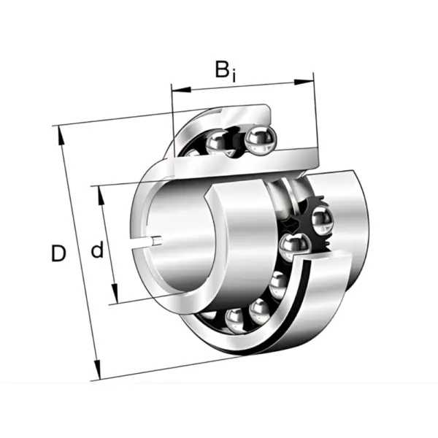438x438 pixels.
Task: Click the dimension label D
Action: coord(58,253)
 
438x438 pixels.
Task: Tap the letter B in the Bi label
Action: coord(222,69)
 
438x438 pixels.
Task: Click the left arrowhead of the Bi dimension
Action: coord(181,90)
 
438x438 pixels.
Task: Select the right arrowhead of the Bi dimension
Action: coord(304,82)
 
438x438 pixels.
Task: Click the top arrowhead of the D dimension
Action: coord(61,136)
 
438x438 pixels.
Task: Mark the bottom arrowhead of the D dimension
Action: coord(96,370)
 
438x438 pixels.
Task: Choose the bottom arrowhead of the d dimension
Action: coord(115,293)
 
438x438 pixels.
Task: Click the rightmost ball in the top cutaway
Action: coord(261,139)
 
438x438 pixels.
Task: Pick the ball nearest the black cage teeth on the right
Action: coord(323,220)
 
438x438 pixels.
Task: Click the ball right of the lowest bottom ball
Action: coord(258,311)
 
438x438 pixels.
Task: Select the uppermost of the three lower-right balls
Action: coord(278,283)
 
